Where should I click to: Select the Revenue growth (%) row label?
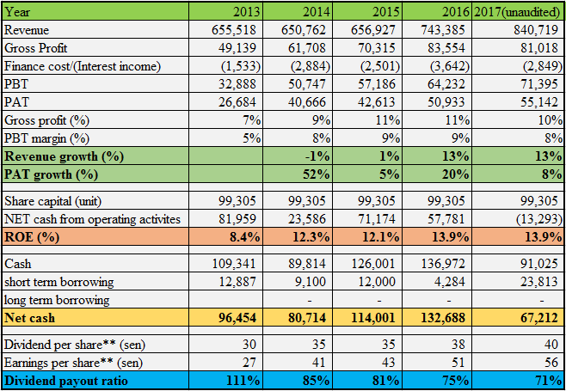tap(63, 156)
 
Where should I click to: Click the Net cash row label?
tap(32, 319)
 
